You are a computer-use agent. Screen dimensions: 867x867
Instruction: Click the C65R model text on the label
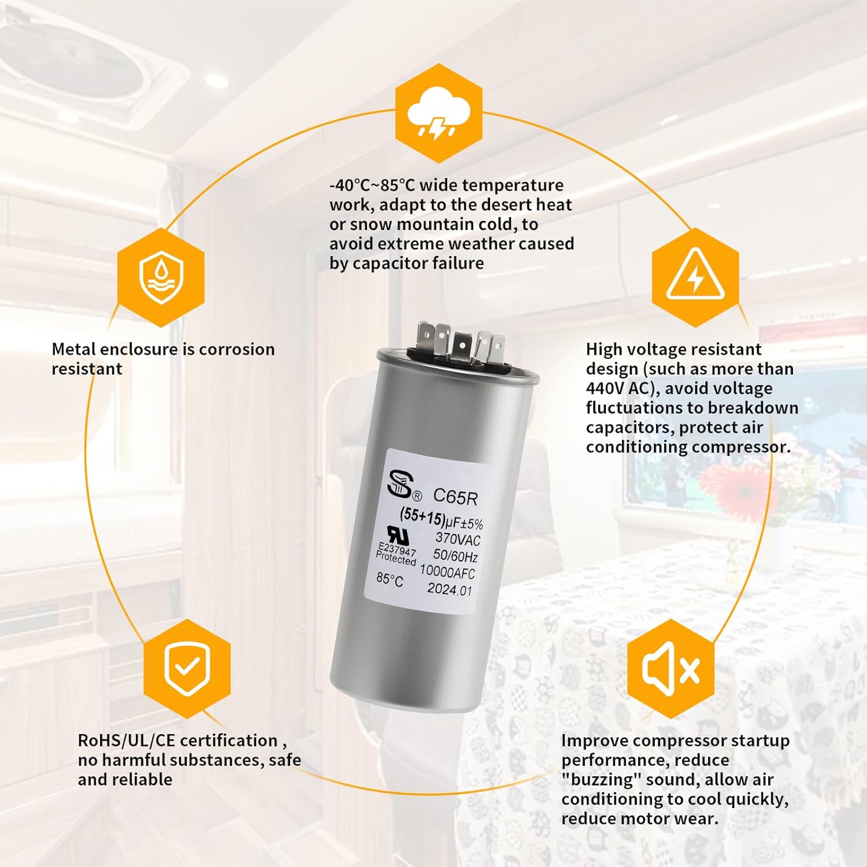(x=455, y=496)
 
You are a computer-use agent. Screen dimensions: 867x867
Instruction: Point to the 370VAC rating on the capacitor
(x=458, y=539)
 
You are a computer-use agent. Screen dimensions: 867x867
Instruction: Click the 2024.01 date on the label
(x=450, y=590)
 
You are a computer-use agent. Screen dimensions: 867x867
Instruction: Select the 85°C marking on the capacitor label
(x=390, y=579)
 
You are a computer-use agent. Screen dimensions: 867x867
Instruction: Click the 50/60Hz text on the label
(x=455, y=556)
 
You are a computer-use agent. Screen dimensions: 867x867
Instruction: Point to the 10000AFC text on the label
(x=447, y=572)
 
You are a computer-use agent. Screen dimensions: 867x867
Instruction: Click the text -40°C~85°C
(x=372, y=185)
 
